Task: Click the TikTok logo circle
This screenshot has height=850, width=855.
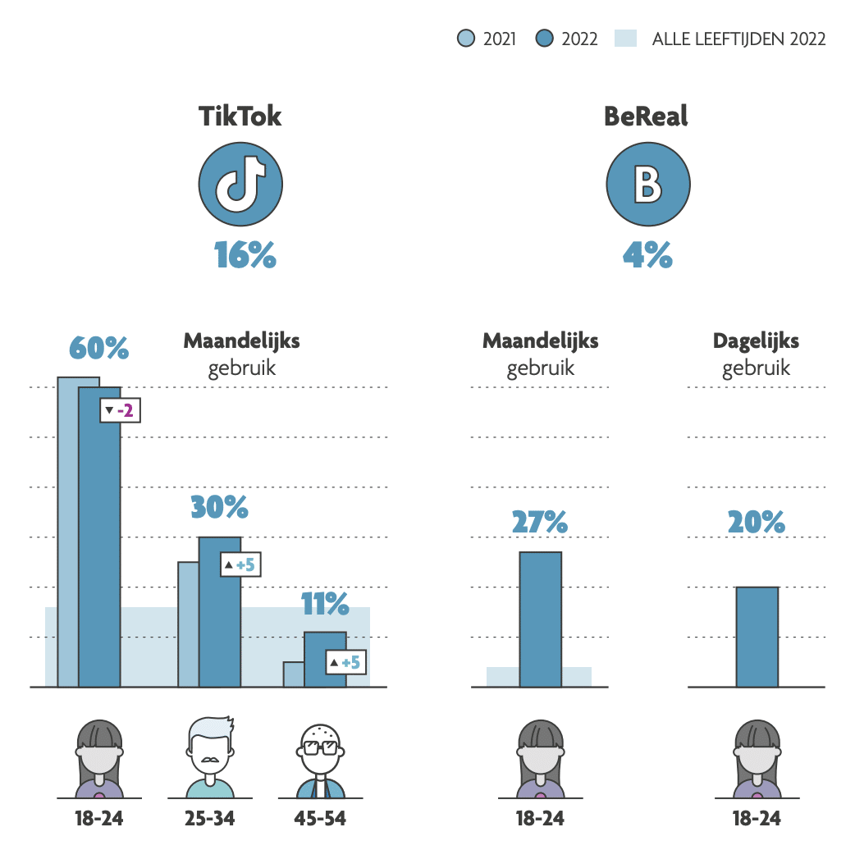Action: (x=240, y=184)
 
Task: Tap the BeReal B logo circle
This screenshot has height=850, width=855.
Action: (x=647, y=184)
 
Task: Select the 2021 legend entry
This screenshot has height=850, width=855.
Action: (x=488, y=39)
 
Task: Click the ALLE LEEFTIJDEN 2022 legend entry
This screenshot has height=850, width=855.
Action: (x=722, y=39)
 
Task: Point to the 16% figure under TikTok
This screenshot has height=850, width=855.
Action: (x=245, y=256)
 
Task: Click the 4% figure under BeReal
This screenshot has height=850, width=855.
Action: (x=647, y=256)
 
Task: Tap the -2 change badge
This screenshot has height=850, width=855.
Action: (x=120, y=410)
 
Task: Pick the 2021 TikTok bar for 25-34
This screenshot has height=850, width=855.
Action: (x=188, y=624)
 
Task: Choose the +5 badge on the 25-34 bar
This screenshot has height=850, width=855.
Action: (x=240, y=564)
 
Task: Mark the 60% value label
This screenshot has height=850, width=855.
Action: (x=98, y=348)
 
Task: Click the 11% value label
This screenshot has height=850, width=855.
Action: (x=325, y=606)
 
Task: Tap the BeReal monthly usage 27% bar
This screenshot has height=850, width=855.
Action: (x=540, y=619)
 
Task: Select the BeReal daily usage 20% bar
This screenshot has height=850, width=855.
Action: (x=757, y=637)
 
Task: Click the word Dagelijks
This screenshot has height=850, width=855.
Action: (x=756, y=340)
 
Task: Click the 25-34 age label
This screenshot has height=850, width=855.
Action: (x=210, y=818)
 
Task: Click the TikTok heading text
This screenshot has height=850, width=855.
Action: (x=240, y=117)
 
